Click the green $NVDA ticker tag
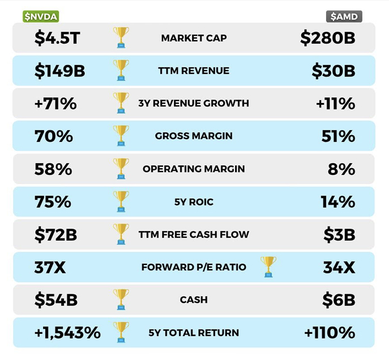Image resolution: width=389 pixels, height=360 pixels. [40, 16]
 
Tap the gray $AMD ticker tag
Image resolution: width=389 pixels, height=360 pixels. [344, 16]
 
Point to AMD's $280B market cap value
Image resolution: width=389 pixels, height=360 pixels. [328, 38]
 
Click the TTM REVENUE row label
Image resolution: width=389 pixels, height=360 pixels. [194, 71]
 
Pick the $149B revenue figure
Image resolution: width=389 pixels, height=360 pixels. [59, 71]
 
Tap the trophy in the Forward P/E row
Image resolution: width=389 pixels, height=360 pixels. [268, 267]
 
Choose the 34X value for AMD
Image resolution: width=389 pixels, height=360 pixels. [339, 267]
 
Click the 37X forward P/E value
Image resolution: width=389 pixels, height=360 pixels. [50, 267]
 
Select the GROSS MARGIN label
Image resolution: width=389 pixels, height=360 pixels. [194, 136]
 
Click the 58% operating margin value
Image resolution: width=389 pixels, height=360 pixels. [53, 169]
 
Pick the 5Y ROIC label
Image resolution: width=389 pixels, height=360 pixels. [194, 202]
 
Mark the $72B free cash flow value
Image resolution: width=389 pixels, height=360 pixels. [55, 234]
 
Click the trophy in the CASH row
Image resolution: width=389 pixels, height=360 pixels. [121, 299]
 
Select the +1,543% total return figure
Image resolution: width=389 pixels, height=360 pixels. [67, 332]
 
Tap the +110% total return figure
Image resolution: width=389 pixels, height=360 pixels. [330, 332]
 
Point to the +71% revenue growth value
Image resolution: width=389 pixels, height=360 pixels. [54, 104]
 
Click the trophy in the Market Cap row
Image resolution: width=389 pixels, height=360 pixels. [121, 37]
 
